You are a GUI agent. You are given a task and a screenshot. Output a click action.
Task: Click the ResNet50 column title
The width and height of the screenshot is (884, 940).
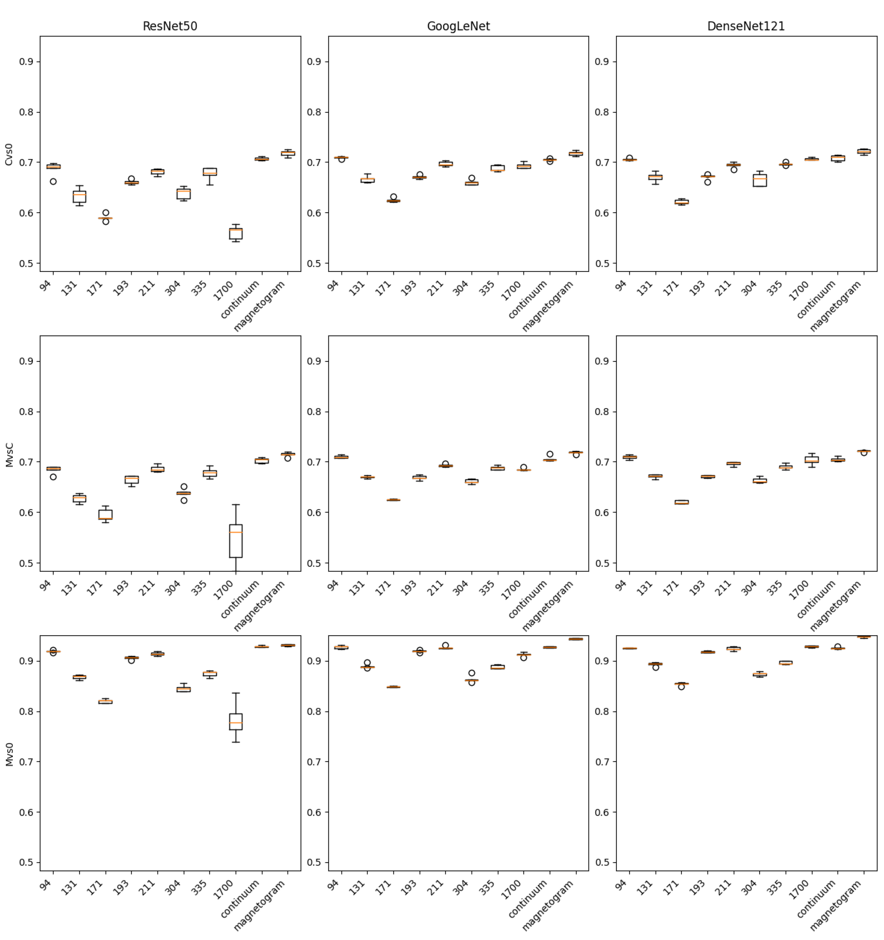[x=170, y=26]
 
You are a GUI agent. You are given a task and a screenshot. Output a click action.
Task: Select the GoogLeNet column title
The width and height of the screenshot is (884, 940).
[x=458, y=26]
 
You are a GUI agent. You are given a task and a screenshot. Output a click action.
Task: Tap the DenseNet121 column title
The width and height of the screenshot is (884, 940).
[x=746, y=26]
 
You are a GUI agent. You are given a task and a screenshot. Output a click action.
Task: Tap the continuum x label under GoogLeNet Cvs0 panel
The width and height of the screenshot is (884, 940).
[x=528, y=300]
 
